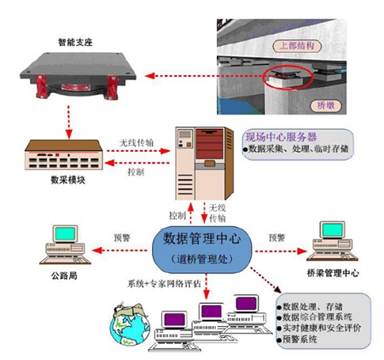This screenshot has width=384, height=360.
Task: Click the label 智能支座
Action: click(75, 42)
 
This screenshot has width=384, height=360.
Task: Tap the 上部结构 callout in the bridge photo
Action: click(297, 46)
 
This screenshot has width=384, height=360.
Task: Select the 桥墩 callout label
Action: click(326, 106)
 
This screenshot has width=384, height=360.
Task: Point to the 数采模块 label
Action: click(68, 180)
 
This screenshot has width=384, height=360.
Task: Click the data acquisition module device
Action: click(64, 154)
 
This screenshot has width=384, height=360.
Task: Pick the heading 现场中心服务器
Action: click(281, 137)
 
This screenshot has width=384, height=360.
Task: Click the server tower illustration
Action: click(205, 163)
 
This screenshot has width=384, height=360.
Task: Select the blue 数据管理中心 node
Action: click(202, 249)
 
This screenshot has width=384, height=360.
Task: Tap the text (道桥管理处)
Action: click(202, 258)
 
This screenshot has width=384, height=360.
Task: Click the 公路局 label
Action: click(64, 276)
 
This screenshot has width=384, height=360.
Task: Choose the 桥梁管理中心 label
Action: click(333, 273)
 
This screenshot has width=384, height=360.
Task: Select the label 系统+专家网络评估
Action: click(164, 283)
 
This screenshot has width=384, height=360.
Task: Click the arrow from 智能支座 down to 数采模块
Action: click(68, 122)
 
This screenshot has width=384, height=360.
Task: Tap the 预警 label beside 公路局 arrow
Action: click(122, 237)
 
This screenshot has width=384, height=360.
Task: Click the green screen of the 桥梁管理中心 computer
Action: click(332, 229)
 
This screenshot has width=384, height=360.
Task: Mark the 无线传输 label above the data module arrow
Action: click(137, 142)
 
